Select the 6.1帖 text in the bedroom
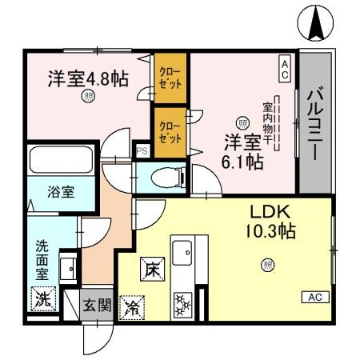click(242, 162)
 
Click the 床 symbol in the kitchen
click(151, 271)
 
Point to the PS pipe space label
click(142, 150)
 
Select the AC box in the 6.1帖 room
click(284, 68)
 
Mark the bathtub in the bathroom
click(62, 163)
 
